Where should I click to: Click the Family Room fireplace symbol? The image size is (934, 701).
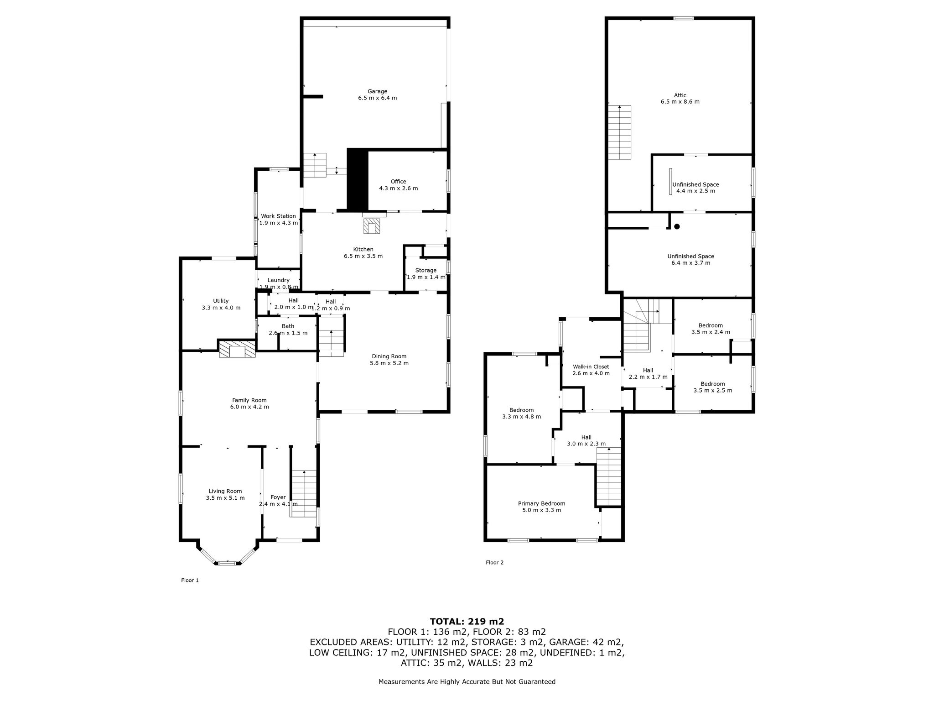pos(237,349)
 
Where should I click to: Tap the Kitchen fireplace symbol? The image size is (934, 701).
pos(371,226)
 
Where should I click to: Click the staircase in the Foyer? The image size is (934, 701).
pos(304,494)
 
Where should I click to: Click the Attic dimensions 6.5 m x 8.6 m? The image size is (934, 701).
pos(680,102)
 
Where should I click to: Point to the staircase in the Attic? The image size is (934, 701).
pos(619,132)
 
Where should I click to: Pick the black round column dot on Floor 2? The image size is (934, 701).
pos(677,226)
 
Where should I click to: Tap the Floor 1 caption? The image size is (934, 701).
pos(190,581)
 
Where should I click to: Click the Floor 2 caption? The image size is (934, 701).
pos(495,563)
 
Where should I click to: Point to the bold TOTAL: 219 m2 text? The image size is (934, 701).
pos(467,621)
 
